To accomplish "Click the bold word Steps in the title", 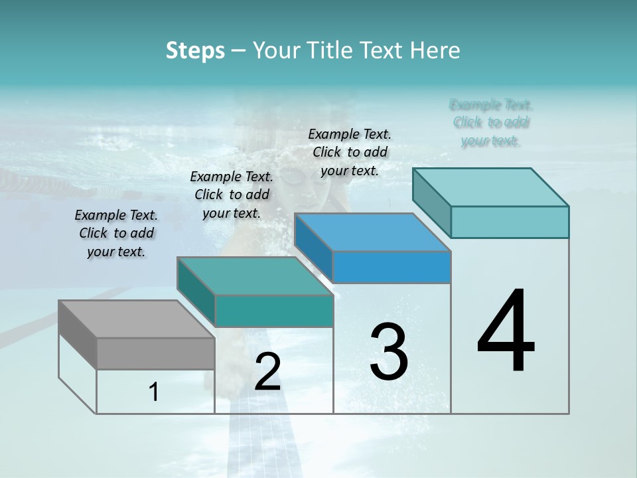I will point(195,50).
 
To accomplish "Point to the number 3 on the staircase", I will point(388,351).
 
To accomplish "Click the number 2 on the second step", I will point(267,372).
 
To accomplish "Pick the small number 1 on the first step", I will point(154,392).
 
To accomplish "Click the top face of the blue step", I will point(372,232).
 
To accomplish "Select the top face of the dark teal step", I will point(254,276).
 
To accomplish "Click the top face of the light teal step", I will point(490,187).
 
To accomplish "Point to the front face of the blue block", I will point(391,267).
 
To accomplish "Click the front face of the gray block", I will point(155,353).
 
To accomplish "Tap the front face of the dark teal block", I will point(273,311).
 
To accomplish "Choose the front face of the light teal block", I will point(509,222).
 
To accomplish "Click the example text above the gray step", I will point(116,233).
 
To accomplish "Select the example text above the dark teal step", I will point(232,195).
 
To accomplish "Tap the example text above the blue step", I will point(350,152).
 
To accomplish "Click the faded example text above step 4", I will point(491,122).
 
